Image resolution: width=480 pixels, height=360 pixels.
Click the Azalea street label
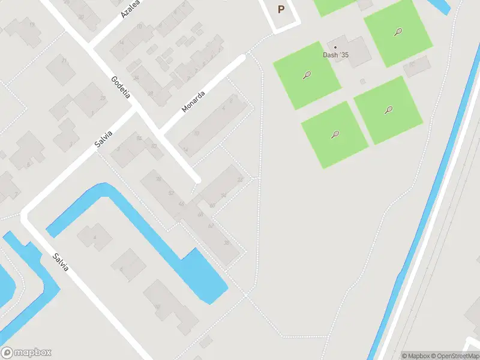tap(131, 8)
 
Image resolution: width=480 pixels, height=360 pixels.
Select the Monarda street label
tap(193, 101)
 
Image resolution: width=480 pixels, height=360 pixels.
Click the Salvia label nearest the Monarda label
tap(104, 137)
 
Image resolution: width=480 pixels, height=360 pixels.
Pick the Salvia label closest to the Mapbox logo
tap(60, 262)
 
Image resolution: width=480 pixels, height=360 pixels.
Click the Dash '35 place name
tap(335, 55)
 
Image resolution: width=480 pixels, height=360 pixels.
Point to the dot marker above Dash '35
tap(335, 47)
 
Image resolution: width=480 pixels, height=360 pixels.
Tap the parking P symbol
tap(281, 10)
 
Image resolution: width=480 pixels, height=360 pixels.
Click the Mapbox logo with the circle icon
tap(26, 353)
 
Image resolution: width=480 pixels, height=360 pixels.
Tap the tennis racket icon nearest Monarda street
tap(307, 76)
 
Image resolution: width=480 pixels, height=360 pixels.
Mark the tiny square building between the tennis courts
tap(362, 81)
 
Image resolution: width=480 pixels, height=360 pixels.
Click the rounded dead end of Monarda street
tap(242, 58)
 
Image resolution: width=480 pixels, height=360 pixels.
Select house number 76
tap(158, 179)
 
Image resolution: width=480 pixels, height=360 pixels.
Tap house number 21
tap(103, 99)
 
